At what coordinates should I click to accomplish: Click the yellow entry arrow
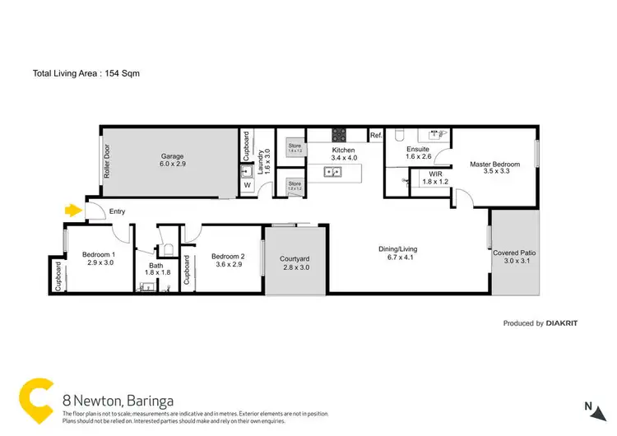point(74,211)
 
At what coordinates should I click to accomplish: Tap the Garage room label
point(172,156)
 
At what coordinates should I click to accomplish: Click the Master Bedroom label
point(494,165)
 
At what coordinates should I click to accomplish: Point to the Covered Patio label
point(516,253)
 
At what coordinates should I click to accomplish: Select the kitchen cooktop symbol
point(339,136)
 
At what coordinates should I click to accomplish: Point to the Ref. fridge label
point(375,136)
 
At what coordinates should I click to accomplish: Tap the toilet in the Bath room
point(168,248)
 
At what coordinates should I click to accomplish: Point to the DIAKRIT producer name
point(562,324)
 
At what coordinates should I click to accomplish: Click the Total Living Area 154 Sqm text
point(85,73)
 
